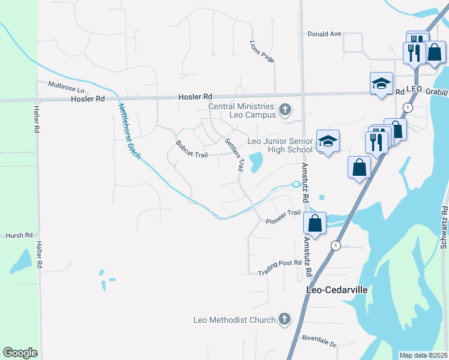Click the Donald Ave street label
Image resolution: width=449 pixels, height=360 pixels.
pyautogui.click(x=324, y=34)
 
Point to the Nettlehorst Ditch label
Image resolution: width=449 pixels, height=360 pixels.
pyautogui.click(x=129, y=131)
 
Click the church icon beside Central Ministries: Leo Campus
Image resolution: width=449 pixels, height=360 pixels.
pyautogui.click(x=285, y=110)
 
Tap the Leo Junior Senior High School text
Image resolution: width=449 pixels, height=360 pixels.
pyautogui.click(x=280, y=145)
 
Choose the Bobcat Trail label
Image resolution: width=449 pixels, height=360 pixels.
pyautogui.click(x=191, y=149)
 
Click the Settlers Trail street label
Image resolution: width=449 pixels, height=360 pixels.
pyautogui.click(x=234, y=155)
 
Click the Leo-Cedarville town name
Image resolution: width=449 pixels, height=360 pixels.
pyautogui.click(x=337, y=289)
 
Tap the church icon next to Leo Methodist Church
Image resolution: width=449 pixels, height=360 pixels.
pyautogui.click(x=285, y=320)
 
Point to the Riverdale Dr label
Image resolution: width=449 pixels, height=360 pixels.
pyautogui.click(x=319, y=341)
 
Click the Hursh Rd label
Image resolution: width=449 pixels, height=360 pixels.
pyautogui.click(x=19, y=236)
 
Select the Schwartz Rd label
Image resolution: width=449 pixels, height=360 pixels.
pyautogui.click(x=444, y=227)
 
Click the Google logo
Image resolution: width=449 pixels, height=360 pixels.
pyautogui.click(x=20, y=353)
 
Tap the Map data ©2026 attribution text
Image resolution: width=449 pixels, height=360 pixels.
pyautogui.click(x=424, y=355)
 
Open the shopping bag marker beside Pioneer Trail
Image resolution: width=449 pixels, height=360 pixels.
pyautogui.click(x=315, y=224)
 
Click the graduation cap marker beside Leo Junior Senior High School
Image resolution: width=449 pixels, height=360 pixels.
pyautogui.click(x=328, y=142)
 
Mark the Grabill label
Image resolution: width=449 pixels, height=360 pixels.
pyautogui.click(x=436, y=92)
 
